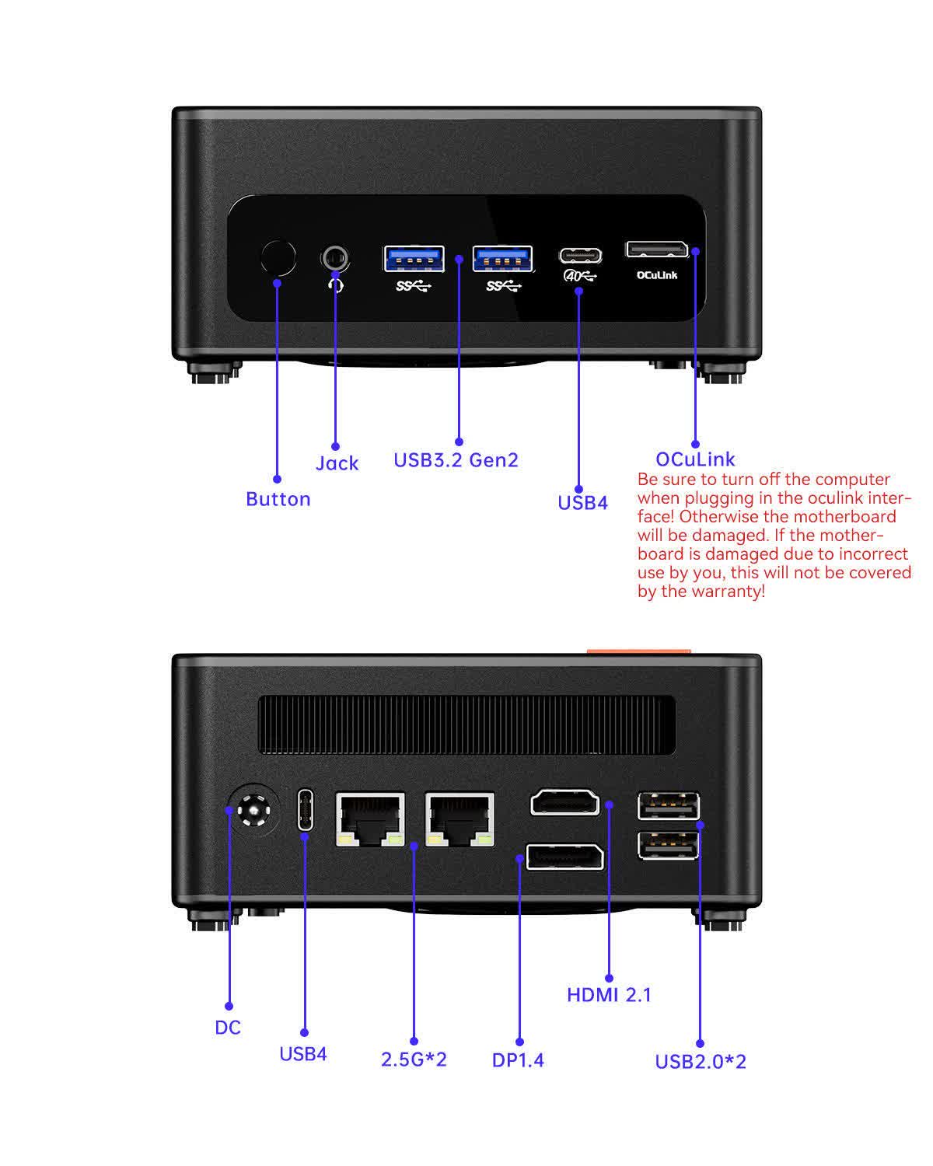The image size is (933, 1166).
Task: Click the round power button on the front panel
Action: coord(278,258)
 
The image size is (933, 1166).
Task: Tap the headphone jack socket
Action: coord(335,257)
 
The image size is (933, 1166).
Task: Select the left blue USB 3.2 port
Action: coord(414,258)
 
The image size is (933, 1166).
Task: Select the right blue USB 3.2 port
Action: coord(503,258)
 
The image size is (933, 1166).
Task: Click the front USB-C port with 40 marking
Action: coord(580,256)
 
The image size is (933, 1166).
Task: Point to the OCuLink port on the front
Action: coord(657,250)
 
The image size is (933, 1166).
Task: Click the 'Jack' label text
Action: coord(337,463)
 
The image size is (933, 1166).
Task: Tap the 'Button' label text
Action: coord(278,499)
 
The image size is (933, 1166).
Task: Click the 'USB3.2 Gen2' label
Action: coord(456,460)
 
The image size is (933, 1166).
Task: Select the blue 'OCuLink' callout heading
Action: coord(695,459)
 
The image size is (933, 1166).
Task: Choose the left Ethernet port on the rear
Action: coord(370,819)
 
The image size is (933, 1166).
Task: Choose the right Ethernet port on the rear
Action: coord(460,819)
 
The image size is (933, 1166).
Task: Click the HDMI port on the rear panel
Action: coord(565,802)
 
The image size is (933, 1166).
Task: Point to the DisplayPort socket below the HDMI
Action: coord(565,857)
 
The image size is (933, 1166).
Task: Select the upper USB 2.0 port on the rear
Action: coord(668,806)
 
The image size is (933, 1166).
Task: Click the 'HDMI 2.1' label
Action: coord(609,995)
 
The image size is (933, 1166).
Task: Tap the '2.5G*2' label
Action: coord(414,1060)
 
